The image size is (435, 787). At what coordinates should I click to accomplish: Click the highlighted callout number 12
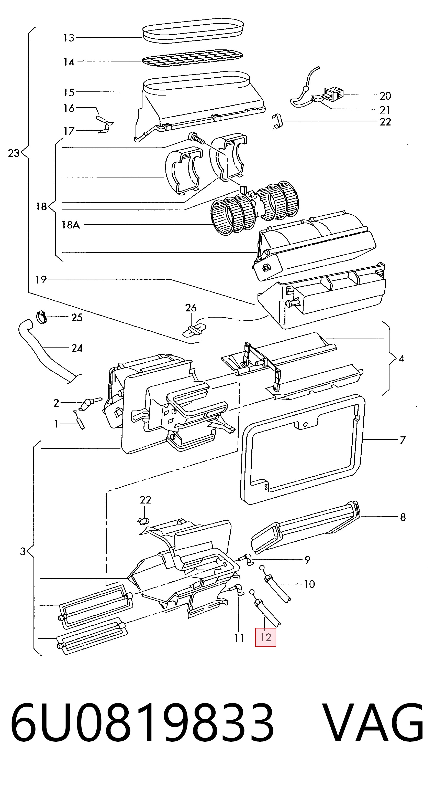(265, 638)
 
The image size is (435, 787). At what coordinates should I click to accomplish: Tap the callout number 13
(69, 38)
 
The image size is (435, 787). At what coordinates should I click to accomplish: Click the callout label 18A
(71, 225)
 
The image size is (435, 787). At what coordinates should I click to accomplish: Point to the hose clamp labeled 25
(42, 317)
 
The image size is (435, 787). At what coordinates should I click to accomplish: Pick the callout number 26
(191, 308)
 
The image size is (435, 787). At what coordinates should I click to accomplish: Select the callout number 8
(403, 517)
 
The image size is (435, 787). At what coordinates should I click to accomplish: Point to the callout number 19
(41, 280)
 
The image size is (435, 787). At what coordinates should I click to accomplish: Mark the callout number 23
(14, 153)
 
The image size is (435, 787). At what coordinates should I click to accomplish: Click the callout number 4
(401, 358)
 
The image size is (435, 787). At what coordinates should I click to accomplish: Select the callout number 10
(309, 584)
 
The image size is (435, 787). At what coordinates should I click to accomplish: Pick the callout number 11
(239, 638)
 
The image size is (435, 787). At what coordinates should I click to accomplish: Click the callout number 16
(69, 108)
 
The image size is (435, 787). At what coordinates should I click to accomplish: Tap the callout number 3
(23, 551)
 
